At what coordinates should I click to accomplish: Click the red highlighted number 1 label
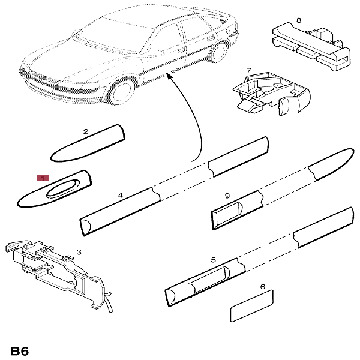[42, 178]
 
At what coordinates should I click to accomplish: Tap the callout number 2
[86, 131]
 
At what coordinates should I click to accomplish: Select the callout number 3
[78, 253]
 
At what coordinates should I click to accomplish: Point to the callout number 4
[120, 196]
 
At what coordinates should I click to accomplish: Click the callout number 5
[213, 260]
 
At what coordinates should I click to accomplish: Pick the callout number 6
[262, 287]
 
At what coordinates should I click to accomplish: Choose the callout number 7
[248, 71]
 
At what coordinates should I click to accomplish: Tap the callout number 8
[299, 20]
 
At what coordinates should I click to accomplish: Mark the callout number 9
[227, 196]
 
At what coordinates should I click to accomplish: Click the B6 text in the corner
[20, 350]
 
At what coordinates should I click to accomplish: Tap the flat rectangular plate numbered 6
[251, 305]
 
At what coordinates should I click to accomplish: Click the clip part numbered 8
[309, 43]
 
